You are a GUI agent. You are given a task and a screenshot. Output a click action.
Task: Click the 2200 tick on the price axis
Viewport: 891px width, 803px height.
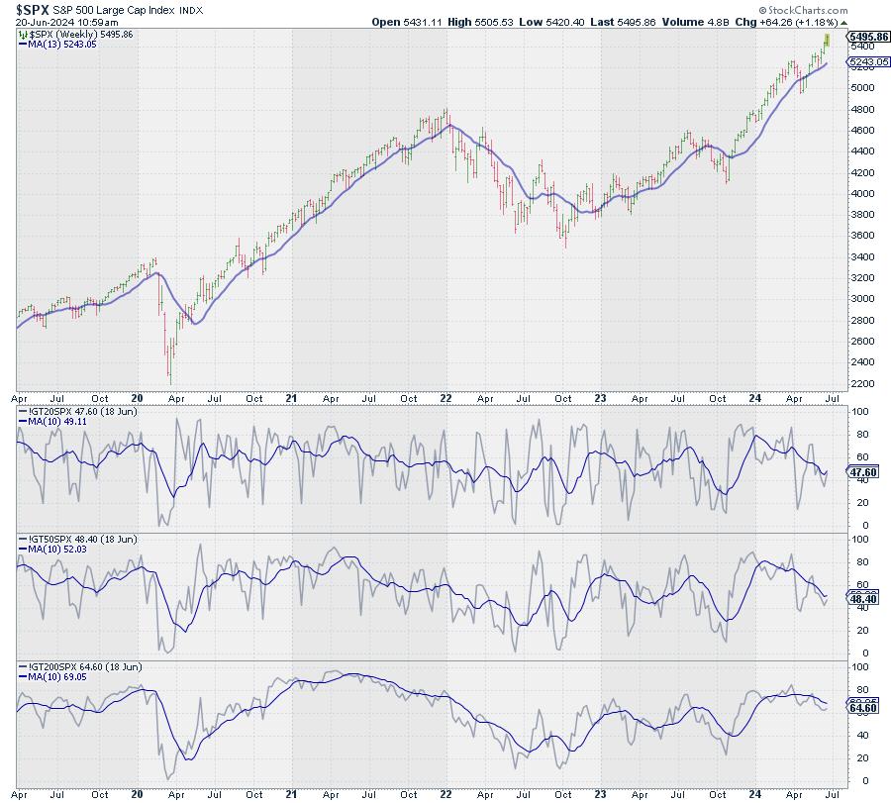click(x=862, y=382)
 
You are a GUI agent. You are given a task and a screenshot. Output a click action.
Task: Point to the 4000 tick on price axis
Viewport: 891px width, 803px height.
click(x=862, y=192)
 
